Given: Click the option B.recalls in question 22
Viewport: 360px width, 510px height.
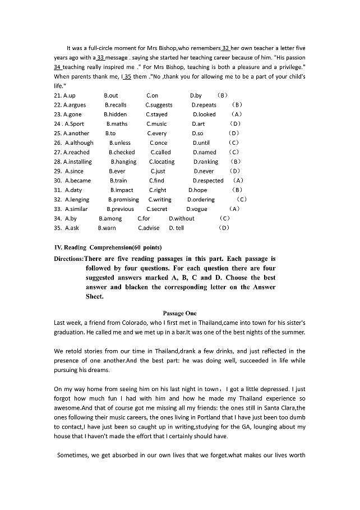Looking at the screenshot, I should pyautogui.click(x=116, y=105).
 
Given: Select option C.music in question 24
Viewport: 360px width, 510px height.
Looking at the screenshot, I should pyautogui.click(x=156, y=124).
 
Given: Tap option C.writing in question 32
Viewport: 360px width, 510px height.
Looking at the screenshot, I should pyautogui.click(x=160, y=199).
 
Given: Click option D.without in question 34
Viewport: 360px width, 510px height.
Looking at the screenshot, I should pyautogui.click(x=182, y=218).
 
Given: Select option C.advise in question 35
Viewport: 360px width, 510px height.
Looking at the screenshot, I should pyautogui.click(x=149, y=228).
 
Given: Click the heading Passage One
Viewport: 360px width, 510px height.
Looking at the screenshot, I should pyautogui.click(x=179, y=313).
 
